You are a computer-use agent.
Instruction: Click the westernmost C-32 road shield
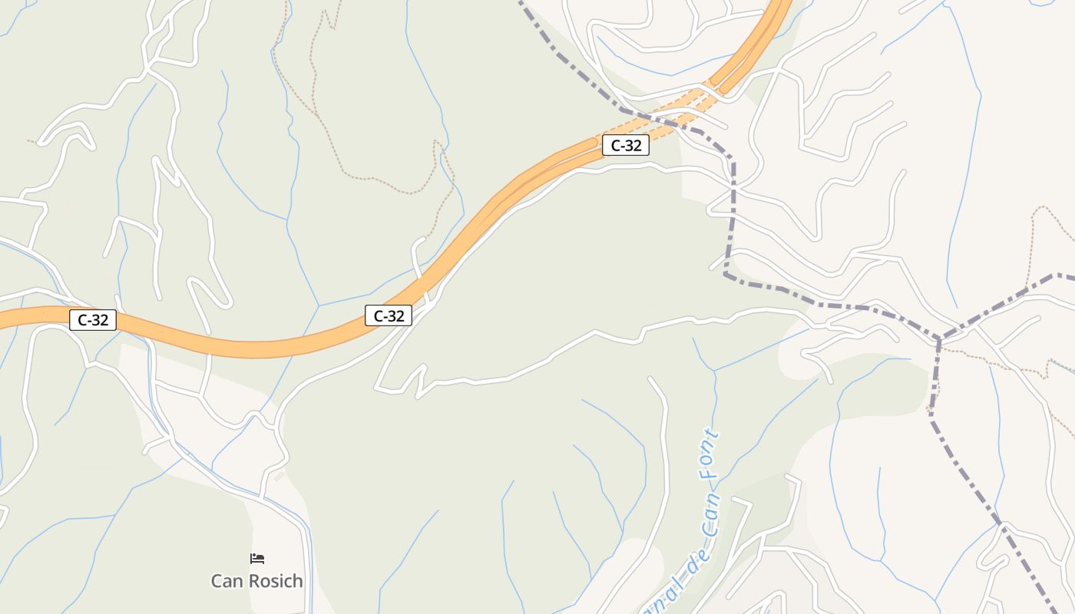point(93,320)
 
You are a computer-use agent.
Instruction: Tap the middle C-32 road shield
point(389,315)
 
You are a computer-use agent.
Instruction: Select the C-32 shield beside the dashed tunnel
point(626,145)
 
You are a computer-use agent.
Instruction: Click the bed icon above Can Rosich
point(257,559)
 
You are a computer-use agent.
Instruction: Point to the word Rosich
point(273,581)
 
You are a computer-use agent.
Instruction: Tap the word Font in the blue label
point(709,456)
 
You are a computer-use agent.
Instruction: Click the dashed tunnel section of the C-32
point(676,111)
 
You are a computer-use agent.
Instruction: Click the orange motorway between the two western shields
point(246,349)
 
